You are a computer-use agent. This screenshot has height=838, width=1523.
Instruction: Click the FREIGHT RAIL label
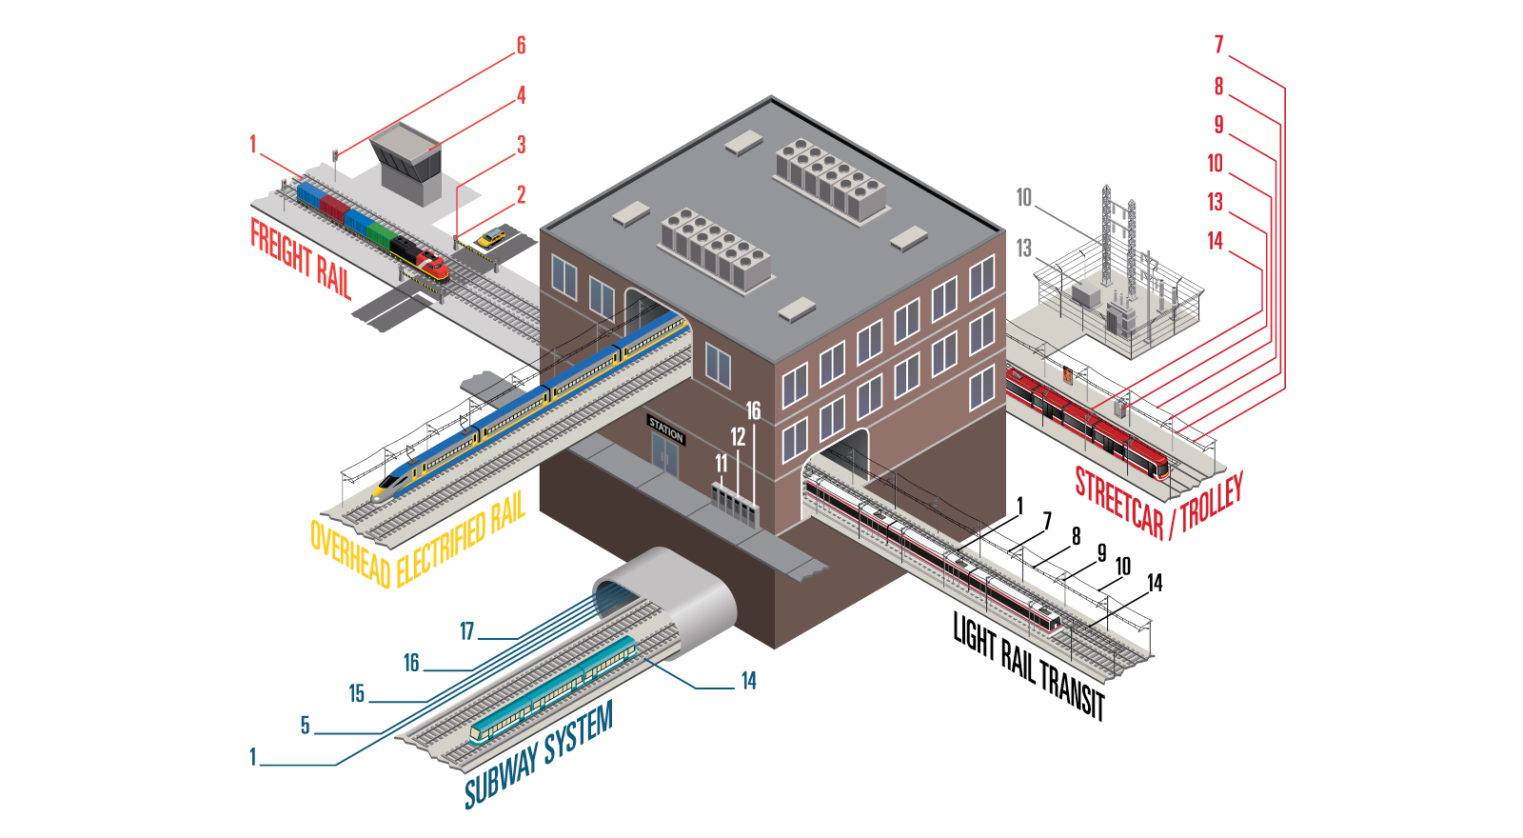pyautogui.click(x=301, y=258)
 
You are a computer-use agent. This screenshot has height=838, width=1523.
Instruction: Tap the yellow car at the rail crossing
pyautogui.click(x=491, y=238)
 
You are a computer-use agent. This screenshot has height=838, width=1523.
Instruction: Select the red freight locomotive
pyautogui.click(x=431, y=266)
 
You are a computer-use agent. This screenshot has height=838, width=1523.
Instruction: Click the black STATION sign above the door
pyautogui.click(x=666, y=430)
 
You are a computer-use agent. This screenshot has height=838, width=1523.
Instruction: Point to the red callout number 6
pyautogui.click(x=521, y=46)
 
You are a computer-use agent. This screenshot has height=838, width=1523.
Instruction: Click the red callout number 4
pyautogui.click(x=521, y=95)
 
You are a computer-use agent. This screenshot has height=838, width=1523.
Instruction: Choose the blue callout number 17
pyautogui.click(x=466, y=631)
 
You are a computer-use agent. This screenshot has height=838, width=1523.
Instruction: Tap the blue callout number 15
pyautogui.click(x=356, y=694)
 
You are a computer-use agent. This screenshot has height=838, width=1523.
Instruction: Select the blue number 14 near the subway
pyautogui.click(x=748, y=681)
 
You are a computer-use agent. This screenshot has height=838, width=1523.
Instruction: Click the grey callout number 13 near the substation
pyautogui.click(x=1023, y=249)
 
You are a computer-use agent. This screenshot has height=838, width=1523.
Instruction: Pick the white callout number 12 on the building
pyautogui.click(x=738, y=437)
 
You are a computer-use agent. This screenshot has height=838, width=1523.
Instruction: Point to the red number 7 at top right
pyautogui.click(x=1218, y=45)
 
